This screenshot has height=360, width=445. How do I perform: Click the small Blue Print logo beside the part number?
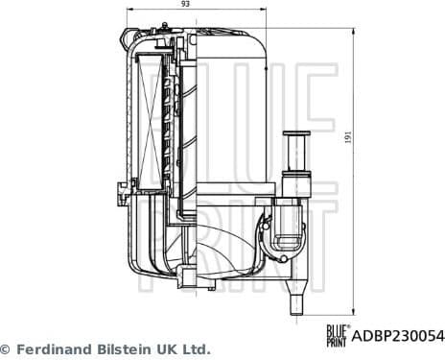pos(337,336)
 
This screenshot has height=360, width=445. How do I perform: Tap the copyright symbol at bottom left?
pos(5,348)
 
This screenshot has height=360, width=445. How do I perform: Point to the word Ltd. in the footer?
pos(196,348)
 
